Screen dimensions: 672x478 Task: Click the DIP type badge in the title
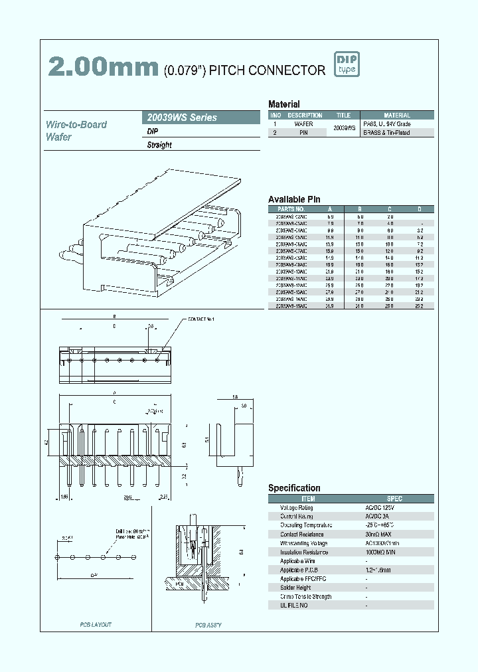point(347,64)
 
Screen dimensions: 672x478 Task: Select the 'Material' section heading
point(283,104)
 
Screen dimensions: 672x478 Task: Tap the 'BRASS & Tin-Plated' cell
point(386,133)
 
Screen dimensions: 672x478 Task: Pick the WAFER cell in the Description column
point(303,124)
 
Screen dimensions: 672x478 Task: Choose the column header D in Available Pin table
point(419,209)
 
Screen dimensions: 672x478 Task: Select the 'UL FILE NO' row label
point(294,606)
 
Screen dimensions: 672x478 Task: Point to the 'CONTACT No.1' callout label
point(201,320)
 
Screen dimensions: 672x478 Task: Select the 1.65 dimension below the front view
point(64,496)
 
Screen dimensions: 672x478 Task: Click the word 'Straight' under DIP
point(159,145)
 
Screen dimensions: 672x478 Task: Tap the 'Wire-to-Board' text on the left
point(76,124)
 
